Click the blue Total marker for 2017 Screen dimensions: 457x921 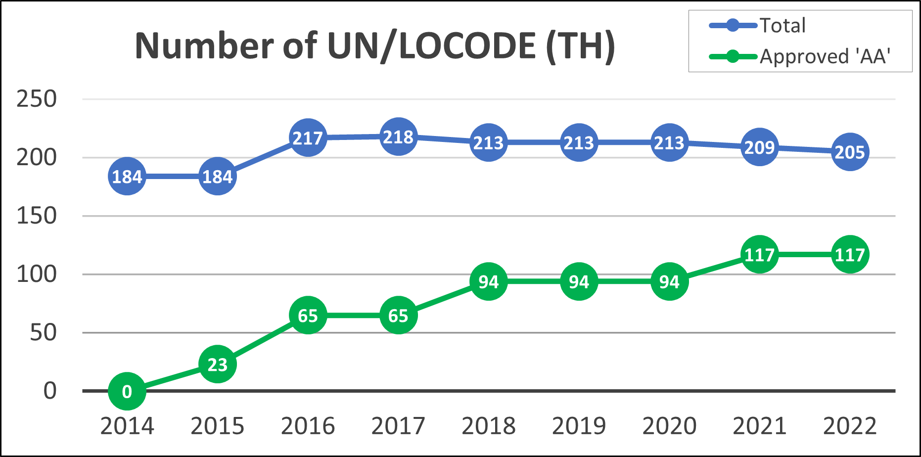point(398,137)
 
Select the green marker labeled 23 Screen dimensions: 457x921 point(218,365)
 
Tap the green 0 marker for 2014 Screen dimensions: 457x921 point(127,391)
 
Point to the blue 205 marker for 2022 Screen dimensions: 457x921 point(850,152)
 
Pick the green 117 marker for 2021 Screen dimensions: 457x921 point(759,255)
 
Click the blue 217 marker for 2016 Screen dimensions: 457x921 point(308,137)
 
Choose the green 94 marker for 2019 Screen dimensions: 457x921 point(579,281)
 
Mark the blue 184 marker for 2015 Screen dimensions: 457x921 point(218,176)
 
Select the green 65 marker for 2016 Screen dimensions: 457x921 point(308,316)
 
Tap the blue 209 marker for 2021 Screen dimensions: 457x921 point(759,147)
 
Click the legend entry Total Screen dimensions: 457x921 point(783,26)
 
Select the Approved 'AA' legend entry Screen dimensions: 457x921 point(825,56)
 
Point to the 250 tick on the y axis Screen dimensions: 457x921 point(37,99)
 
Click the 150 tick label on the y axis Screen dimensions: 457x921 point(37,216)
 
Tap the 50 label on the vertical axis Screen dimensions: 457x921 point(43,332)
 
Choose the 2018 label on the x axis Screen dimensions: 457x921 point(488,426)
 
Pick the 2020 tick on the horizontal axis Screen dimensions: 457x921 point(669,426)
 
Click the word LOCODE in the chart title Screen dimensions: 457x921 point(467,46)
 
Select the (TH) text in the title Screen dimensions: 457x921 point(581,46)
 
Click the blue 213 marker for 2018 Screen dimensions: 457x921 point(488,142)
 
